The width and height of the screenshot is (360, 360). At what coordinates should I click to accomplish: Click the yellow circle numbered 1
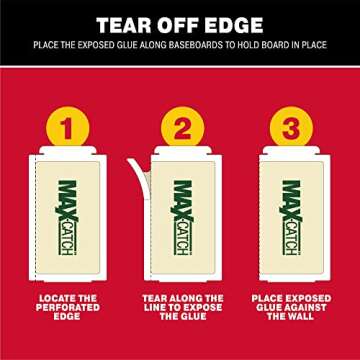[68, 128]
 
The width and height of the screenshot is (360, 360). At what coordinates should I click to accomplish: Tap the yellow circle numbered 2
[182, 128]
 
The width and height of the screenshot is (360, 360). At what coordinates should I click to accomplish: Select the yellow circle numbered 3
[291, 128]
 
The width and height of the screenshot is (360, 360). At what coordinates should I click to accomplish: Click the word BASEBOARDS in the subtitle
[196, 45]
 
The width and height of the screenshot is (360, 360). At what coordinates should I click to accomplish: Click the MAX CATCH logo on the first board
[68, 218]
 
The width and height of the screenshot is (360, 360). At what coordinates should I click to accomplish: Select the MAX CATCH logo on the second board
[182, 218]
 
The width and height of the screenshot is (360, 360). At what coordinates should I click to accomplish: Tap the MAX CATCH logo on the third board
[291, 218]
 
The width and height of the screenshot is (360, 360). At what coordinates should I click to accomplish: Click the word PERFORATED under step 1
[68, 307]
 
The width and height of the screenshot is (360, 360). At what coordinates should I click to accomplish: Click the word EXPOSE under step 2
[202, 307]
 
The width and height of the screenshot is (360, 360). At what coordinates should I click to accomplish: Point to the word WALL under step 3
[300, 316]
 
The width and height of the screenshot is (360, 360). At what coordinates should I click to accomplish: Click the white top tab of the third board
[291, 150]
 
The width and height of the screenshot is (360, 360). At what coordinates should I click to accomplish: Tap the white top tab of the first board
[68, 150]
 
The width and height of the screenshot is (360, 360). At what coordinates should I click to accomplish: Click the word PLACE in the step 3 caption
[266, 298]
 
